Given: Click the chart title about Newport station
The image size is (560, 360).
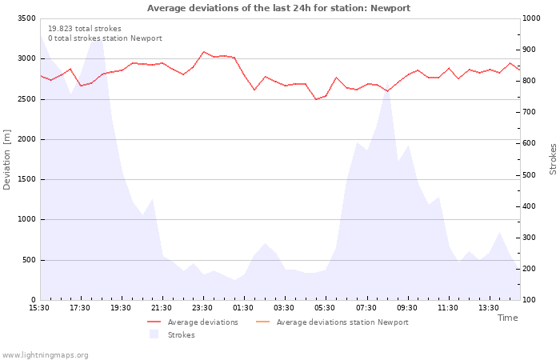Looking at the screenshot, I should point(278,8).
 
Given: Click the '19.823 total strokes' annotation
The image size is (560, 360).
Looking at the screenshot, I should point(85,29).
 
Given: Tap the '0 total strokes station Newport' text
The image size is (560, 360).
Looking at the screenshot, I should point(105,38).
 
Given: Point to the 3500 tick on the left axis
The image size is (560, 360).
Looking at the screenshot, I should point(26,18).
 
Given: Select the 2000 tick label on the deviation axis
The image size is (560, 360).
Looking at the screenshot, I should point(26,139).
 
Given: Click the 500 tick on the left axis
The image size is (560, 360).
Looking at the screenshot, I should point(28,260).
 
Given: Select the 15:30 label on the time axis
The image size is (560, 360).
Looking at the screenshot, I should point(39,308).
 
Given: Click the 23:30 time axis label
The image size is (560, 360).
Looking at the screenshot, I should point(202,308).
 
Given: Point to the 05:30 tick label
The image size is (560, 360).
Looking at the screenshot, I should point(325,308).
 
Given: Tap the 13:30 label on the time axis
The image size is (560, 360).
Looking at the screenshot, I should point(488,308).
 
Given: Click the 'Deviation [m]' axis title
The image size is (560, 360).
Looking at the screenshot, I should point(7,159).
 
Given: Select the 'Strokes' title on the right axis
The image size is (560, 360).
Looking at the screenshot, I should point(553,159).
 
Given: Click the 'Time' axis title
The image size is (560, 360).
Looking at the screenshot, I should point(507,318).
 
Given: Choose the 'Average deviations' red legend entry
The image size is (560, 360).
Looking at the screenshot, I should point(202,322).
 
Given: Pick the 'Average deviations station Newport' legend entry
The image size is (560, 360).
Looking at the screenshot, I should point(342,322).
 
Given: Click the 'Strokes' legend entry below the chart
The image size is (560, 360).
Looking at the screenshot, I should point(181,335).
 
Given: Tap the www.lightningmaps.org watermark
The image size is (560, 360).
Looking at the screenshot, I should point(46,355).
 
